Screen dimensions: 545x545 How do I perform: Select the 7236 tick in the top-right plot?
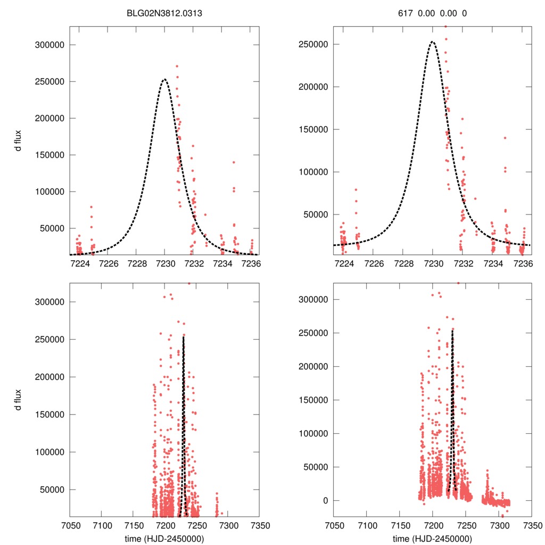coord(524,263)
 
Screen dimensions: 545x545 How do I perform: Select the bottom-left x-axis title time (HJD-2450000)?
coord(164,538)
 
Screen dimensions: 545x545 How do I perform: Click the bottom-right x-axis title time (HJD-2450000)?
coord(433,538)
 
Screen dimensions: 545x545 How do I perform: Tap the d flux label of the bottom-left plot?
coord(19,399)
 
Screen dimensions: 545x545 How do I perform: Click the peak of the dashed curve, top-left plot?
coord(164,80)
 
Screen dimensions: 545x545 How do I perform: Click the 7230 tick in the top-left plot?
coord(165,263)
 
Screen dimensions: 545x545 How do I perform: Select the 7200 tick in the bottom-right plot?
coord(433,525)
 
